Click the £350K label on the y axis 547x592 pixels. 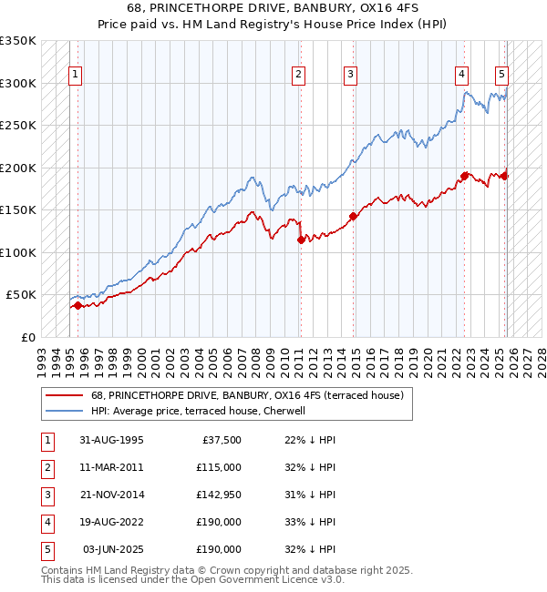coord(18,41)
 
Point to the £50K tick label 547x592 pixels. coord(21,295)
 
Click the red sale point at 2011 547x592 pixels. coord(301,240)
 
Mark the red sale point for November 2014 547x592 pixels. coord(353,217)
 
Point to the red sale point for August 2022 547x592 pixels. coord(464,176)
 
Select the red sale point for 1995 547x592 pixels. coord(77,306)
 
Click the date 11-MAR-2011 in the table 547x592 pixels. coord(111,467)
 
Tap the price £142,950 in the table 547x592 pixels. coord(219,495)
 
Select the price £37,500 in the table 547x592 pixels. coord(222,440)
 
